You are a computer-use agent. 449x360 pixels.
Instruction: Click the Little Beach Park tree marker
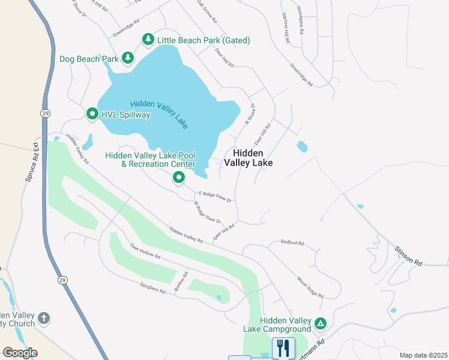tap(148, 40)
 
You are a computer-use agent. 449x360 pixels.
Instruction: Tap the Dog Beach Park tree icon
tap(127, 58)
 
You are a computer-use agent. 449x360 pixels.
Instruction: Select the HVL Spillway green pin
tap(92, 113)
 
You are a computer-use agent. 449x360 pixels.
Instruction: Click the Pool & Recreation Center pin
tap(178, 178)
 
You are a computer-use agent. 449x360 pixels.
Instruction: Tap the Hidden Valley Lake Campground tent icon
tap(321, 324)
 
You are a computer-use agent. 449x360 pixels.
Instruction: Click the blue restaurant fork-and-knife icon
tap(284, 347)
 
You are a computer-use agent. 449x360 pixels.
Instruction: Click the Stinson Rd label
tap(408, 255)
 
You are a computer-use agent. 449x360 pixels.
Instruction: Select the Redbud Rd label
tap(292, 243)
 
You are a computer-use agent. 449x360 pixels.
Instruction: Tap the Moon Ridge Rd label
tap(310, 287)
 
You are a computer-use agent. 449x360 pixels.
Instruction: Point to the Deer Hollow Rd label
tap(145, 251)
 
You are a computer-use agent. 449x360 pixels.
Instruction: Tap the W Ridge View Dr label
tap(207, 212)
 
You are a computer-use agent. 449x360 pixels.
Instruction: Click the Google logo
tap(20, 352)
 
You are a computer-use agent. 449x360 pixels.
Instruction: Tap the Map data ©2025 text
tap(423, 355)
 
